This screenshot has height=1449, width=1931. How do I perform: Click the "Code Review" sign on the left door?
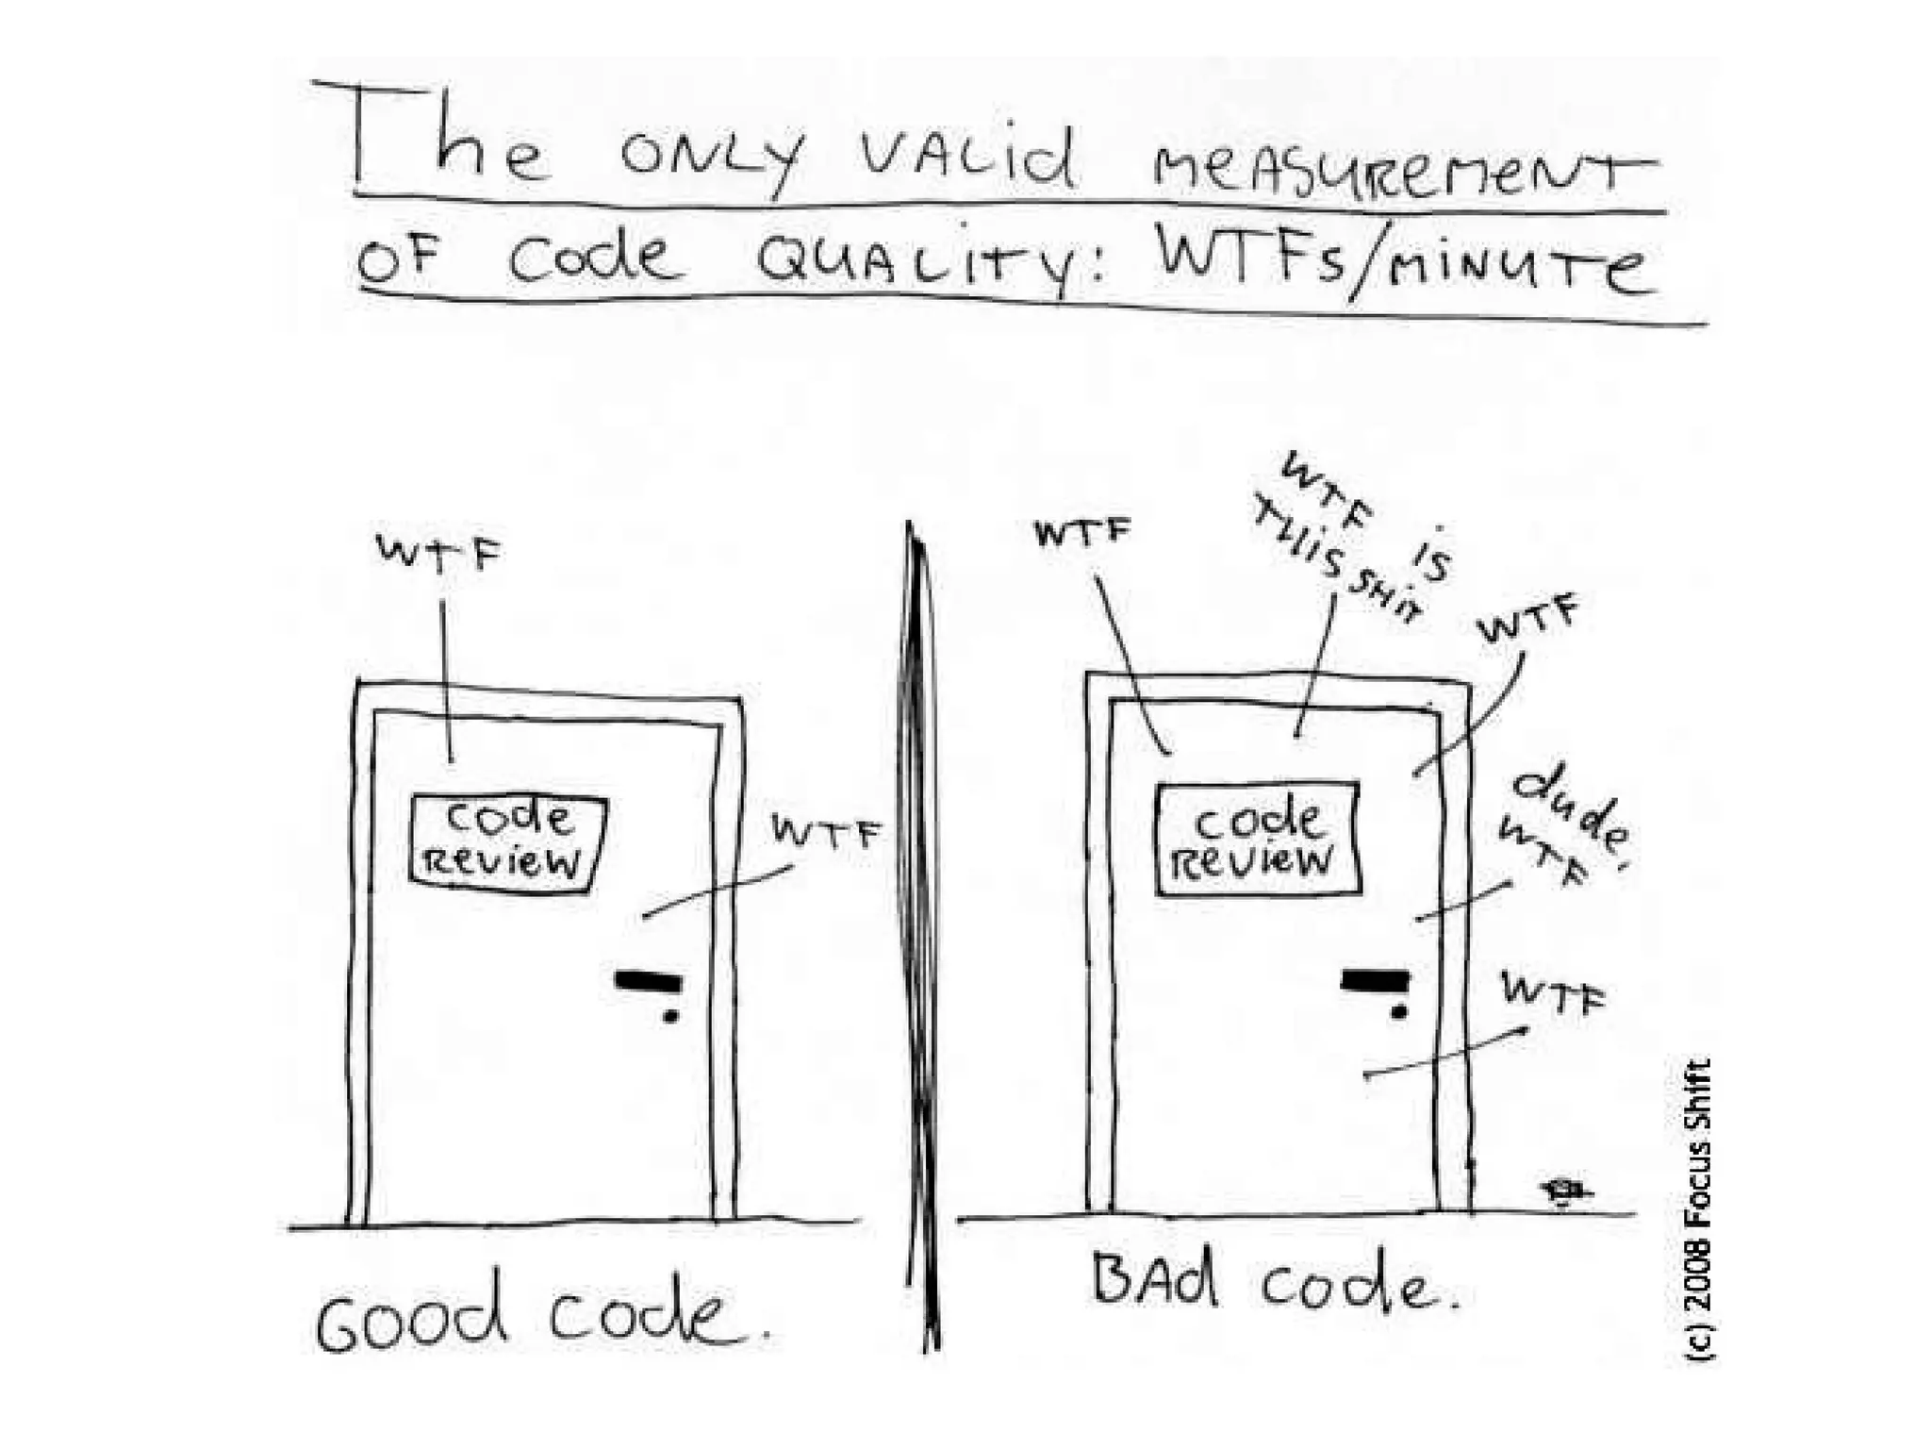click(x=507, y=841)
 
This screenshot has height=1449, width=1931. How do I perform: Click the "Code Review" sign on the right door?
click(x=1258, y=838)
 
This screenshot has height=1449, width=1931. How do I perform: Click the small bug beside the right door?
click(x=1562, y=1191)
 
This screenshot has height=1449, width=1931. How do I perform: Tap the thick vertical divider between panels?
click(x=923, y=934)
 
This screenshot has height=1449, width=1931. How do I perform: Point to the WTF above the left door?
click(x=438, y=552)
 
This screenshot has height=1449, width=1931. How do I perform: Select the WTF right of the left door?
click(x=826, y=832)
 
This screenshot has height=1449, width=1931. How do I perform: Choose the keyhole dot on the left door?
click(x=670, y=1017)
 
